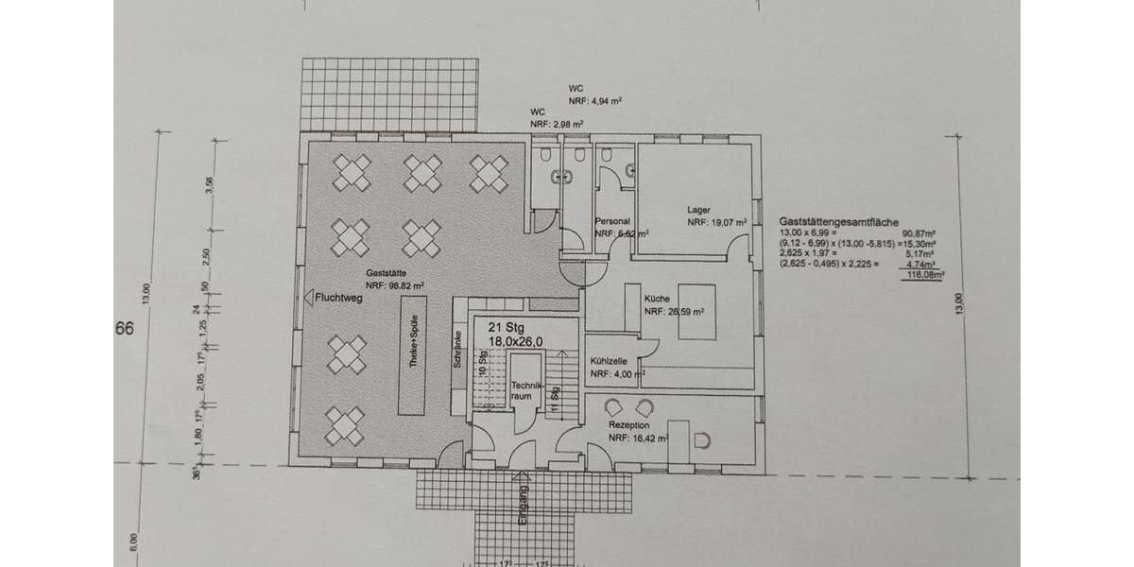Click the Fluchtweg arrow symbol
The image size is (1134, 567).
tap(308, 297)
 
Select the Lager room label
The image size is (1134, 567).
tap(698, 210)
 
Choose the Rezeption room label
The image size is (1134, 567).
tap(629, 425)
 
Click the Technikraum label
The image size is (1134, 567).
tap(524, 391)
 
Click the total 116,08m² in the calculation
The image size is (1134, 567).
tap(925, 276)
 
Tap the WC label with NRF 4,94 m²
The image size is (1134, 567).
tap(576, 86)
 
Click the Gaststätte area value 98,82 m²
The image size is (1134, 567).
tap(394, 283)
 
